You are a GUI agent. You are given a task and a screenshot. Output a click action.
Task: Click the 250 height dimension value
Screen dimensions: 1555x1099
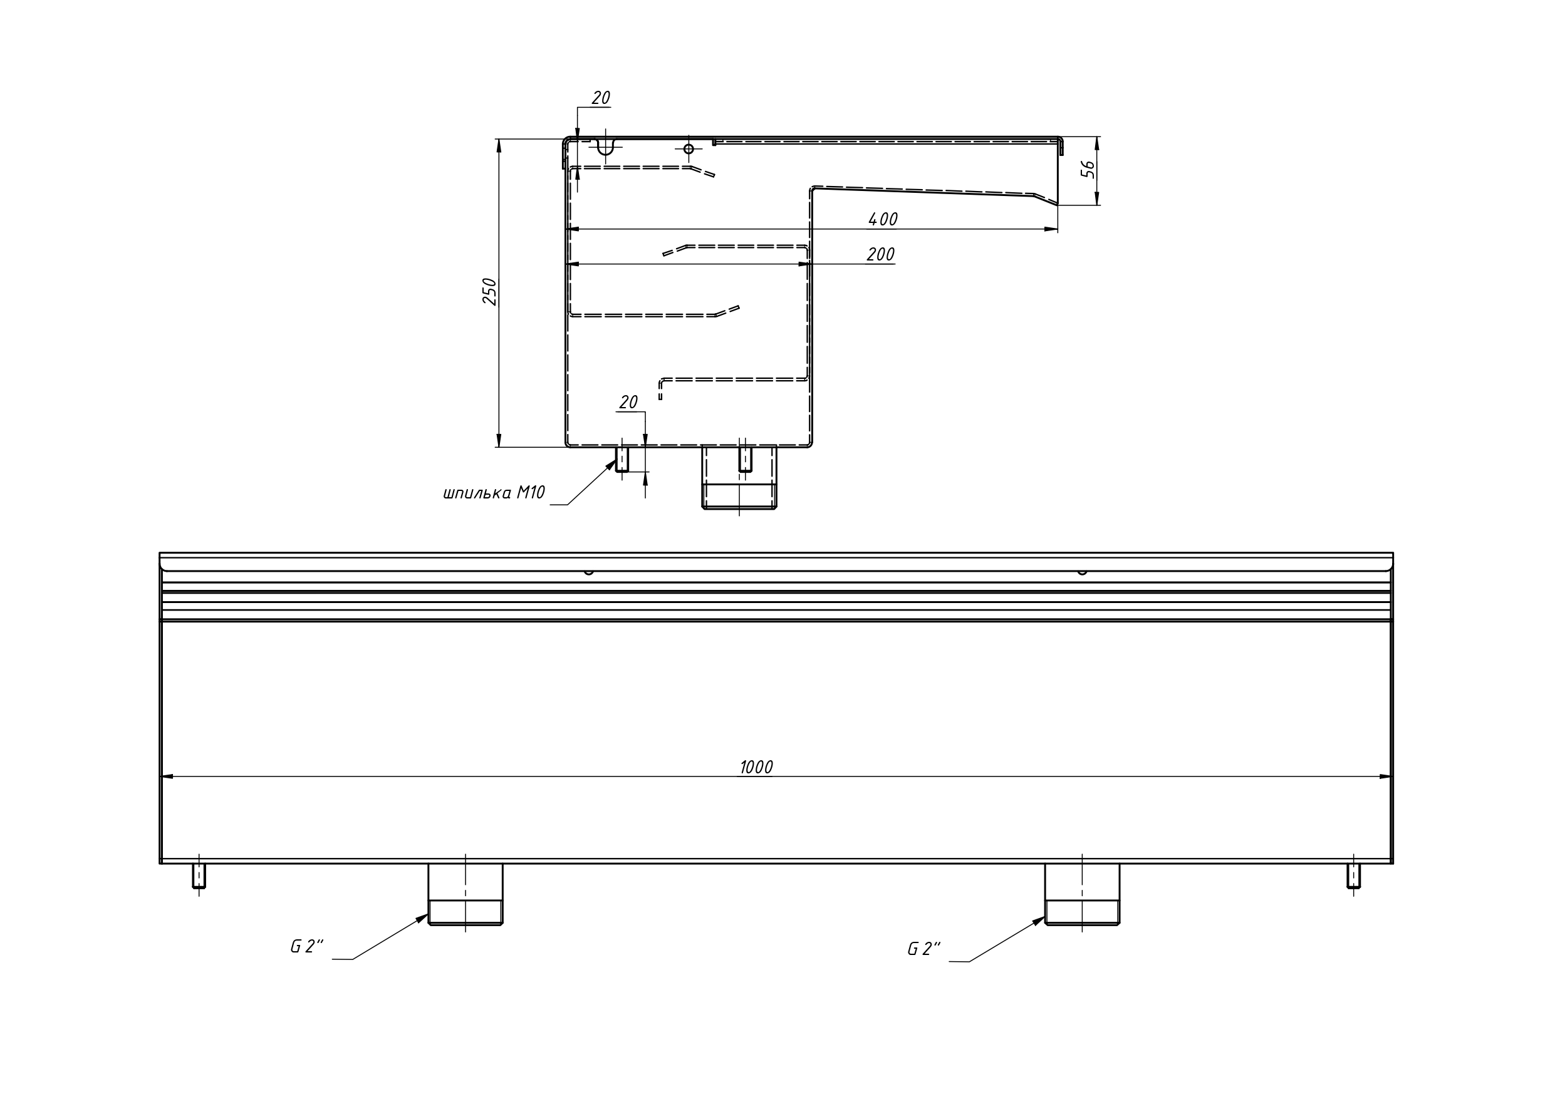(490, 292)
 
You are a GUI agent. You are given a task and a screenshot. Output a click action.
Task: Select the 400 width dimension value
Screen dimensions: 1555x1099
(883, 219)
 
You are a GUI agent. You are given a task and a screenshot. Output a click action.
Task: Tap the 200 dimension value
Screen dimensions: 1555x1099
(880, 255)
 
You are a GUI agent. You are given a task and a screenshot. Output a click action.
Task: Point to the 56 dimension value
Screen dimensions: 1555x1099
(1087, 169)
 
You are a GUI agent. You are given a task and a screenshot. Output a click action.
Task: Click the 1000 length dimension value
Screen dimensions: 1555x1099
(756, 767)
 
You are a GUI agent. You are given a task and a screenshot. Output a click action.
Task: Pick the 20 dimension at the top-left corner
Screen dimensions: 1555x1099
(601, 98)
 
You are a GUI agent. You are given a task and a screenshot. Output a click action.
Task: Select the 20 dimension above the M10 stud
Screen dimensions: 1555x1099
(628, 402)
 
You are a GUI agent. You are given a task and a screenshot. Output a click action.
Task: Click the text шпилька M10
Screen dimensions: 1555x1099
(494, 493)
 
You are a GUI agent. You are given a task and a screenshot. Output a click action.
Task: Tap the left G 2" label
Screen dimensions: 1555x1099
(307, 947)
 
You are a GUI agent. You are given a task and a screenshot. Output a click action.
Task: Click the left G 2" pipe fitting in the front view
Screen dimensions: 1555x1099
(465, 894)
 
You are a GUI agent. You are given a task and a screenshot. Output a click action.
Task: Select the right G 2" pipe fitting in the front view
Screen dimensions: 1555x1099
(1082, 894)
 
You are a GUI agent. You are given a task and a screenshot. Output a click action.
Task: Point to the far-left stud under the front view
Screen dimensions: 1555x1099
(199, 875)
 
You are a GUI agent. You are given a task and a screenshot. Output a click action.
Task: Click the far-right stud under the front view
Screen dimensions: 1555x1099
(1354, 875)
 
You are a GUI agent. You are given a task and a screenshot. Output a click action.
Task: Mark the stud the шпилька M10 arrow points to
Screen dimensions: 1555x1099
(621, 459)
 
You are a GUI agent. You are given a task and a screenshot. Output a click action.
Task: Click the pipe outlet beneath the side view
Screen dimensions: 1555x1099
(739, 477)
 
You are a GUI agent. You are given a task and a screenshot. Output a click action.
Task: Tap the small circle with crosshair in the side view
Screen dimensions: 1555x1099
(689, 149)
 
